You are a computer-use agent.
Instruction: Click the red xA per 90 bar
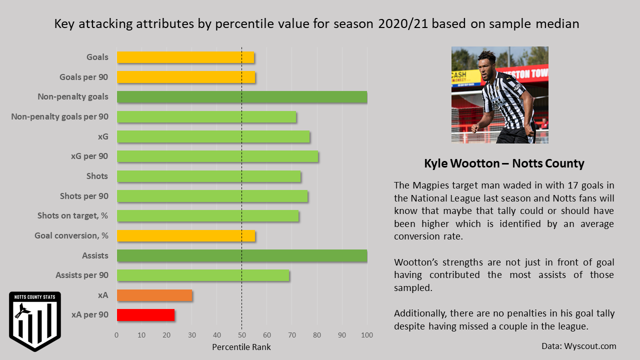145,315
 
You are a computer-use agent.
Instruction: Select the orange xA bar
154,295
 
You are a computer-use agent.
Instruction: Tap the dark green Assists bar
242,255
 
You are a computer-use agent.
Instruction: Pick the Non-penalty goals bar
242,97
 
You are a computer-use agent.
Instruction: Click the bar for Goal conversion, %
186,235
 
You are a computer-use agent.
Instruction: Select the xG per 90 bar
217,156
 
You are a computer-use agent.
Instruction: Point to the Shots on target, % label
72,216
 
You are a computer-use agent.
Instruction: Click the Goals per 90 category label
83,77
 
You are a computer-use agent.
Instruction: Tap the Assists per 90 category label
81,275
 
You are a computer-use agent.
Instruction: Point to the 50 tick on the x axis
242,335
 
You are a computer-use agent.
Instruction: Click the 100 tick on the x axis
367,335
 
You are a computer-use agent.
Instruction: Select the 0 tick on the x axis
117,335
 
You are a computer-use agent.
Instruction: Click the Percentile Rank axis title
241,346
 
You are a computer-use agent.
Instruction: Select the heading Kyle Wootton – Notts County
504,163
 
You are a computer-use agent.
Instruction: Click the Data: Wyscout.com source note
578,346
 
